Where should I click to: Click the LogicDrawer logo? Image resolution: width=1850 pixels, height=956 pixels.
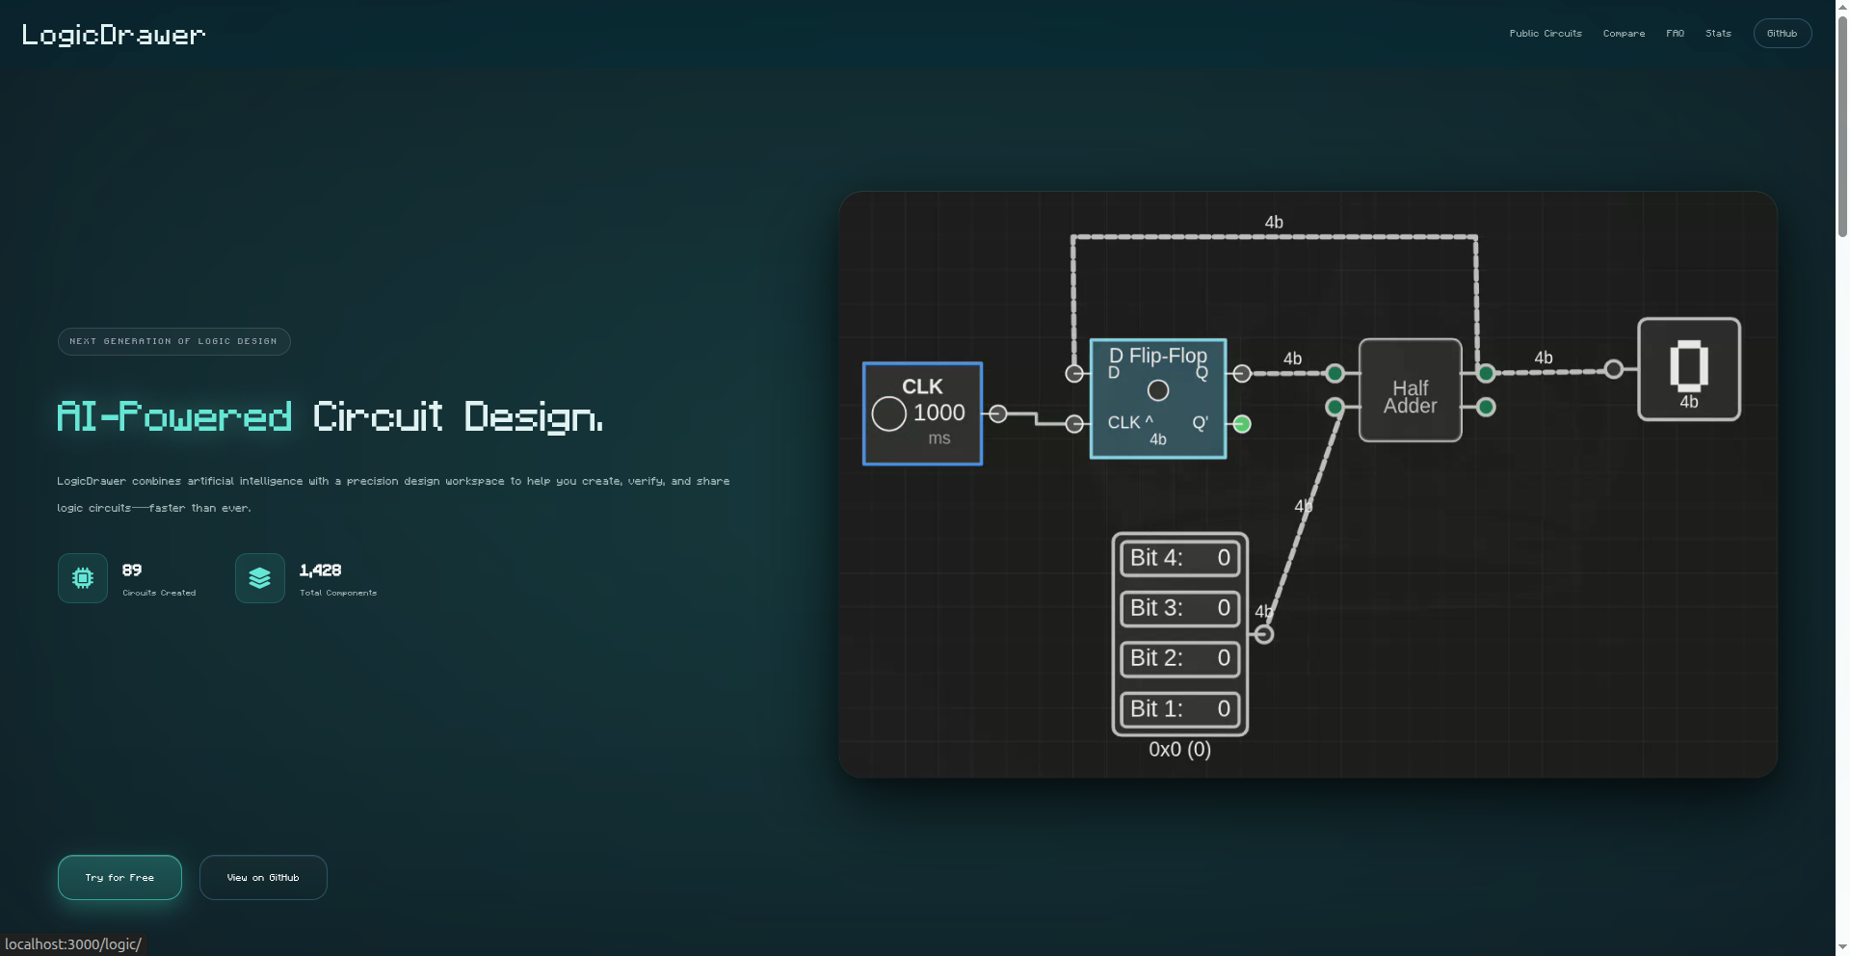click(x=114, y=35)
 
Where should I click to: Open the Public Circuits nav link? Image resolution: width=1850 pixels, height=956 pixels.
click(x=1546, y=34)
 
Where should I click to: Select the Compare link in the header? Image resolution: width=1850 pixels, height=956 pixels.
click(x=1624, y=34)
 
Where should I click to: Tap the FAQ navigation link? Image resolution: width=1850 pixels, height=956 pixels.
click(x=1675, y=34)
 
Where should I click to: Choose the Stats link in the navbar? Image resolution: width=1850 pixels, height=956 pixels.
click(x=1718, y=34)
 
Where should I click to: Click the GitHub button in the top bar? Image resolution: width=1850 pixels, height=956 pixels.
click(x=1782, y=34)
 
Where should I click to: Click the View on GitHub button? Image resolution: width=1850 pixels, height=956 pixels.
click(x=263, y=877)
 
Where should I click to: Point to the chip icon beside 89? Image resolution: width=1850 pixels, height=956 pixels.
click(x=83, y=578)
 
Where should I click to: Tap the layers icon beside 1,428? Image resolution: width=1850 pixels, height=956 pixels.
click(x=260, y=578)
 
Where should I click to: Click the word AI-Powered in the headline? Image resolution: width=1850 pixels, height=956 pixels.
click(x=174, y=417)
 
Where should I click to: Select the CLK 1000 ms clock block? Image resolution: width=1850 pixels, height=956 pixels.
click(x=922, y=413)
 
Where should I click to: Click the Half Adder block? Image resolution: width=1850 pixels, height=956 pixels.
click(x=1410, y=390)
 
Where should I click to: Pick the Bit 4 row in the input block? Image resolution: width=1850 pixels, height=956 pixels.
click(x=1179, y=558)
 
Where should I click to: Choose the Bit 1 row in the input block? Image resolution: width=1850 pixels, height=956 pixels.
click(x=1179, y=709)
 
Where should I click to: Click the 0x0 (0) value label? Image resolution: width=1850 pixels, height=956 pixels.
click(x=1179, y=750)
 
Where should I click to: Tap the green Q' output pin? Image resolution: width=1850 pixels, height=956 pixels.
click(x=1242, y=424)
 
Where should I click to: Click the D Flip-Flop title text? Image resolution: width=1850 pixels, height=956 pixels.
click(x=1158, y=355)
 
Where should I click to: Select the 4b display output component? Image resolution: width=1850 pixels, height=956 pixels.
click(x=1688, y=369)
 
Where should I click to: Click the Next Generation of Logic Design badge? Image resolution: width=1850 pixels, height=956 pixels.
click(x=173, y=341)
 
